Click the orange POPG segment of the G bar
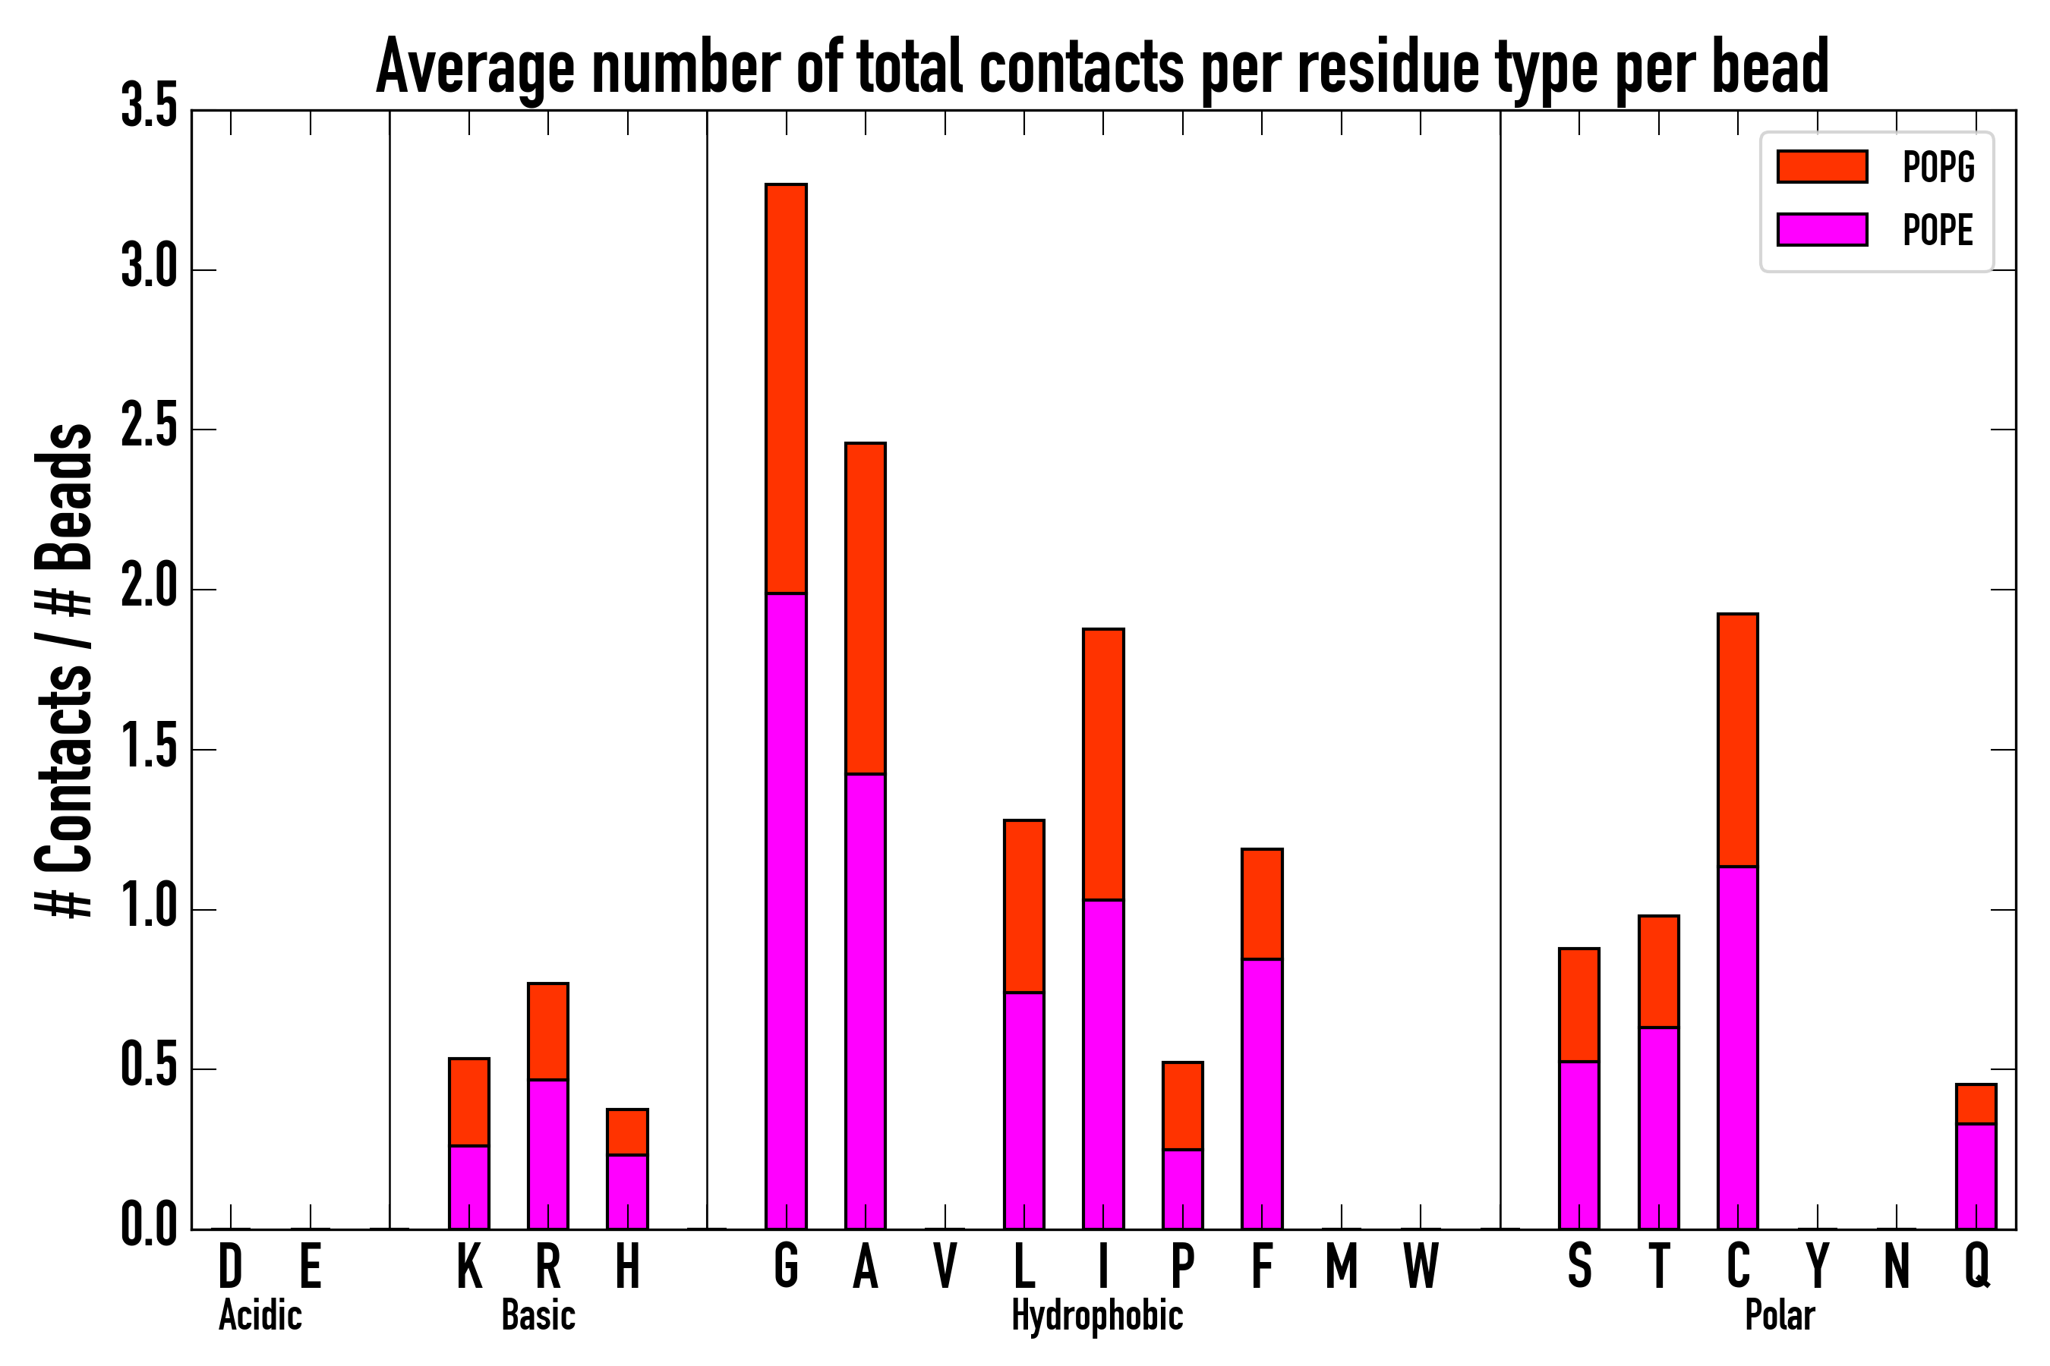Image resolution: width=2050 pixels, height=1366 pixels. click(785, 388)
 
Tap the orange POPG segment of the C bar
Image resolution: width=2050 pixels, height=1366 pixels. click(1737, 740)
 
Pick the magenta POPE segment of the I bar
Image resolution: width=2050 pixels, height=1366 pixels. click(1102, 1064)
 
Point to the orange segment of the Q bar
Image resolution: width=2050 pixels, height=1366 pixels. click(1976, 1103)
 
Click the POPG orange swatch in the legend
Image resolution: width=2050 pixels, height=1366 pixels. click(1821, 166)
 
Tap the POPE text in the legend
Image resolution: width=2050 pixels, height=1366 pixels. click(1938, 230)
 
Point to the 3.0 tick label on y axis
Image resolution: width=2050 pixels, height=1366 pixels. click(149, 269)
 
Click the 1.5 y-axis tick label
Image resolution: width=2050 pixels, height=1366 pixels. click(149, 749)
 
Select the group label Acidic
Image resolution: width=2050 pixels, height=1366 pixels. click(260, 1315)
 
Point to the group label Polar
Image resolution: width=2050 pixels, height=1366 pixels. click(1779, 1315)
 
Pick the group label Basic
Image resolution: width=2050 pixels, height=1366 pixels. click(538, 1315)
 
